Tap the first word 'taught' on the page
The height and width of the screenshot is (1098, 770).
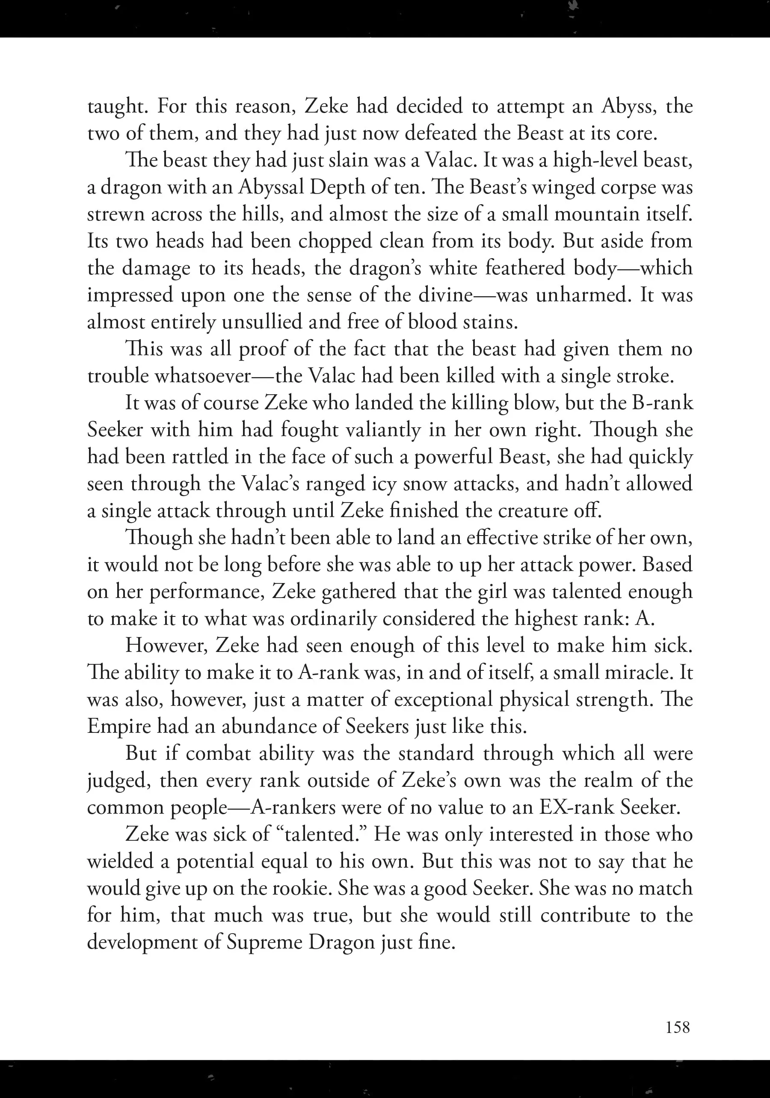[x=115, y=107]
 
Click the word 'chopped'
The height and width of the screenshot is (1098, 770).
[x=335, y=241]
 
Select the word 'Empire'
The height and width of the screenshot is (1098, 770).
[x=119, y=726]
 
